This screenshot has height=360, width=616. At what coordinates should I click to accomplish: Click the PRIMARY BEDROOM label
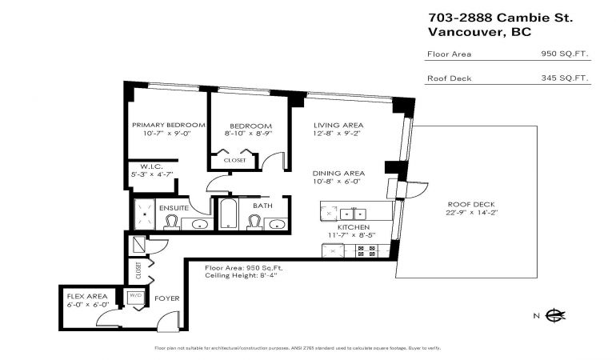(169, 125)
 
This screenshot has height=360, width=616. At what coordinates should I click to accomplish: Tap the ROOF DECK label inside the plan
(471, 204)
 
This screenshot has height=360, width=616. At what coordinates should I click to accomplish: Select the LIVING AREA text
(338, 125)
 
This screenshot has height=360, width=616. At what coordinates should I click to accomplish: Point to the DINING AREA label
(338, 174)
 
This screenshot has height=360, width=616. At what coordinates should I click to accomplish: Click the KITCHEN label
(354, 227)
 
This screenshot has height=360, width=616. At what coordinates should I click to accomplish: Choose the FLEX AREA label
(87, 296)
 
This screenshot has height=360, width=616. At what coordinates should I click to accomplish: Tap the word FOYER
(167, 298)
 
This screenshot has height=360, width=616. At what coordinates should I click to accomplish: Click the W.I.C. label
(151, 166)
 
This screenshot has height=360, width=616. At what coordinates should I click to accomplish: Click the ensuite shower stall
(145, 214)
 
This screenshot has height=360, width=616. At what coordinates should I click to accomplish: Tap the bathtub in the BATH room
(228, 214)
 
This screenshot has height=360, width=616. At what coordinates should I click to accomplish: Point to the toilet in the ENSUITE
(171, 222)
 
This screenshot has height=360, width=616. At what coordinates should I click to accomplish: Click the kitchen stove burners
(366, 250)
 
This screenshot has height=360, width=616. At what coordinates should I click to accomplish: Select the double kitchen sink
(353, 214)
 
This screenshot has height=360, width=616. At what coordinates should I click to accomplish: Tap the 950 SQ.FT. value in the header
(565, 54)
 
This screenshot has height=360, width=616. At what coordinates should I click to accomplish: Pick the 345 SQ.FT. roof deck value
(565, 78)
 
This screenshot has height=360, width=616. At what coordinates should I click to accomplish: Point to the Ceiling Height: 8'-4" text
(241, 275)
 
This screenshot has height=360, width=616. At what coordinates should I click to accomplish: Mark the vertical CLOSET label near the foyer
(138, 270)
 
